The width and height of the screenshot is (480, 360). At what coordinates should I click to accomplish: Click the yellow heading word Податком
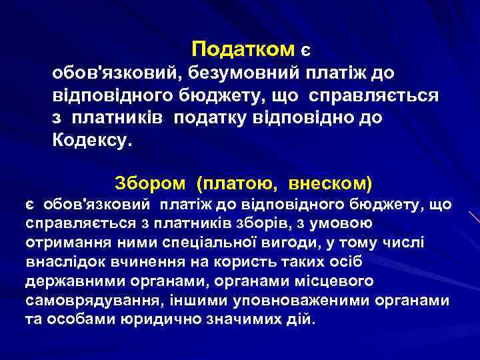click(x=243, y=49)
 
